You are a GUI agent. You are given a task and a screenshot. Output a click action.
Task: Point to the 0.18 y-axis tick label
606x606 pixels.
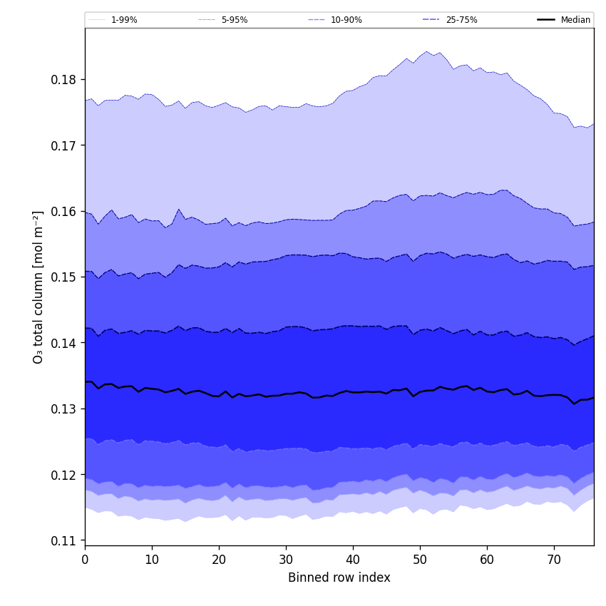click(64, 79)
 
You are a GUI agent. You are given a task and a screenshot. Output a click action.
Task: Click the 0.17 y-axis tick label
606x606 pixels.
click(64, 145)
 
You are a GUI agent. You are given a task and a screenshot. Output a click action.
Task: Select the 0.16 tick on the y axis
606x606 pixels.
click(64, 211)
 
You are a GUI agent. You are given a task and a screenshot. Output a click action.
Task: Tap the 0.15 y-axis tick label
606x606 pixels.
click(64, 277)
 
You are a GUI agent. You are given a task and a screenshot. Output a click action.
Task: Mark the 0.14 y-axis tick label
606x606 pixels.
click(64, 343)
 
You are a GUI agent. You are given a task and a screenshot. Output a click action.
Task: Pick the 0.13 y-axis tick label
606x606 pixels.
click(64, 409)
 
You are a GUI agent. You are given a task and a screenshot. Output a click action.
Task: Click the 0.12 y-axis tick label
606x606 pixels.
click(64, 475)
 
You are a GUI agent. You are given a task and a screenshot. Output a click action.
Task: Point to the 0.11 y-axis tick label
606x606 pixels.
click(64, 541)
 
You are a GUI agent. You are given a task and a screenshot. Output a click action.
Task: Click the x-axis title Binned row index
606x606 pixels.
click(339, 577)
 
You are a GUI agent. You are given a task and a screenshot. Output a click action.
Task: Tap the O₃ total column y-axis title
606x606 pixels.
click(38, 287)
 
